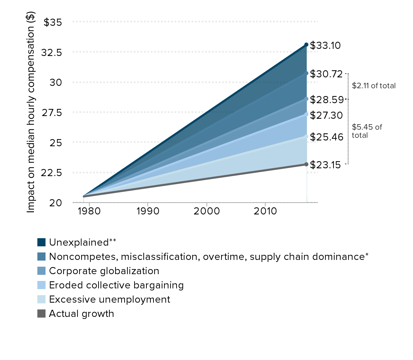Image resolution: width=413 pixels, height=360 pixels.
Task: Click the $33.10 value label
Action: [x=325, y=45]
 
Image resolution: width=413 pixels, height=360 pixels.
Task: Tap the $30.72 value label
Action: [x=326, y=74]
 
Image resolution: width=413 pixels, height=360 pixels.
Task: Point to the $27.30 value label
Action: [x=326, y=115]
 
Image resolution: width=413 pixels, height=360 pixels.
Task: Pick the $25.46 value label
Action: [x=326, y=137]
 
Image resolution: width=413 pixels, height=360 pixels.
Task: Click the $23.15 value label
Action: [x=325, y=165]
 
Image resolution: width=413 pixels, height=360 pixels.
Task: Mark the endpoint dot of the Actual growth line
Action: [x=306, y=164]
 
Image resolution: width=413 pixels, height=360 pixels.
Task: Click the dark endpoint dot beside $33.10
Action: [x=306, y=45]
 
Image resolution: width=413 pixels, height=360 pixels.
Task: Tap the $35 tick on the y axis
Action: [x=53, y=22]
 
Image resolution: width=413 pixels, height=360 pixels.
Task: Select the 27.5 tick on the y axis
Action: [x=52, y=113]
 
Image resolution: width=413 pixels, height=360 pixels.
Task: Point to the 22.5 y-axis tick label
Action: [x=51, y=173]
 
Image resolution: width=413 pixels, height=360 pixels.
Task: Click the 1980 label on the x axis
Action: [x=89, y=211]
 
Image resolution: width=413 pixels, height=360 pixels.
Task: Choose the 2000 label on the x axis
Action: [x=206, y=211]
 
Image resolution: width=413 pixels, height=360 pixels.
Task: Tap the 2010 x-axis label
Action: [x=265, y=211]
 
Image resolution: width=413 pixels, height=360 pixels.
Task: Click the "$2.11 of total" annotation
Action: [x=374, y=86]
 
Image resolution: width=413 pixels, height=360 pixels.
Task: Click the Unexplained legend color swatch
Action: [x=41, y=242]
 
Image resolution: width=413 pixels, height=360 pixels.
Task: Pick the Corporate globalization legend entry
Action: [x=104, y=271]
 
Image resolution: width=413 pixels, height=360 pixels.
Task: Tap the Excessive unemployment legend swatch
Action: [x=41, y=299]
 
